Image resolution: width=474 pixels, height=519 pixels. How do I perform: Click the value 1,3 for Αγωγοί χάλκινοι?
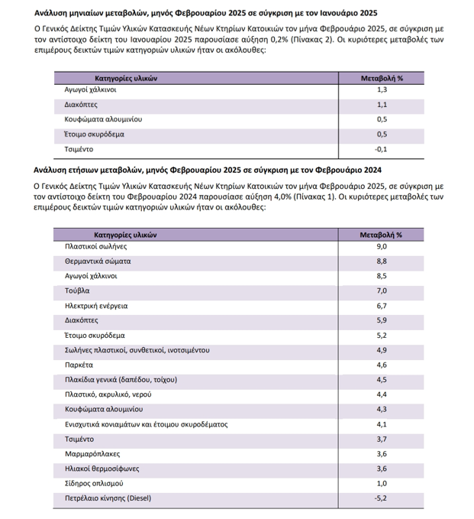tap(382, 90)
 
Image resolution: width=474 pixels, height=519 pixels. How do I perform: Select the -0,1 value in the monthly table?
tap(382, 148)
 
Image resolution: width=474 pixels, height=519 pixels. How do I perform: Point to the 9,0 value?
tap(382, 247)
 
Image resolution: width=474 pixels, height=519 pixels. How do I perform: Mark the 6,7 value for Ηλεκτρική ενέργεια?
tap(382, 306)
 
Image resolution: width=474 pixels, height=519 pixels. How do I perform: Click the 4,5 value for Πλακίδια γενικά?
tap(382, 380)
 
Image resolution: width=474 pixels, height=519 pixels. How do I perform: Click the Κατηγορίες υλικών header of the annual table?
tap(126, 235)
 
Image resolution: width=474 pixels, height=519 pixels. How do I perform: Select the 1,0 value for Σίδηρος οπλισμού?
tap(382, 484)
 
